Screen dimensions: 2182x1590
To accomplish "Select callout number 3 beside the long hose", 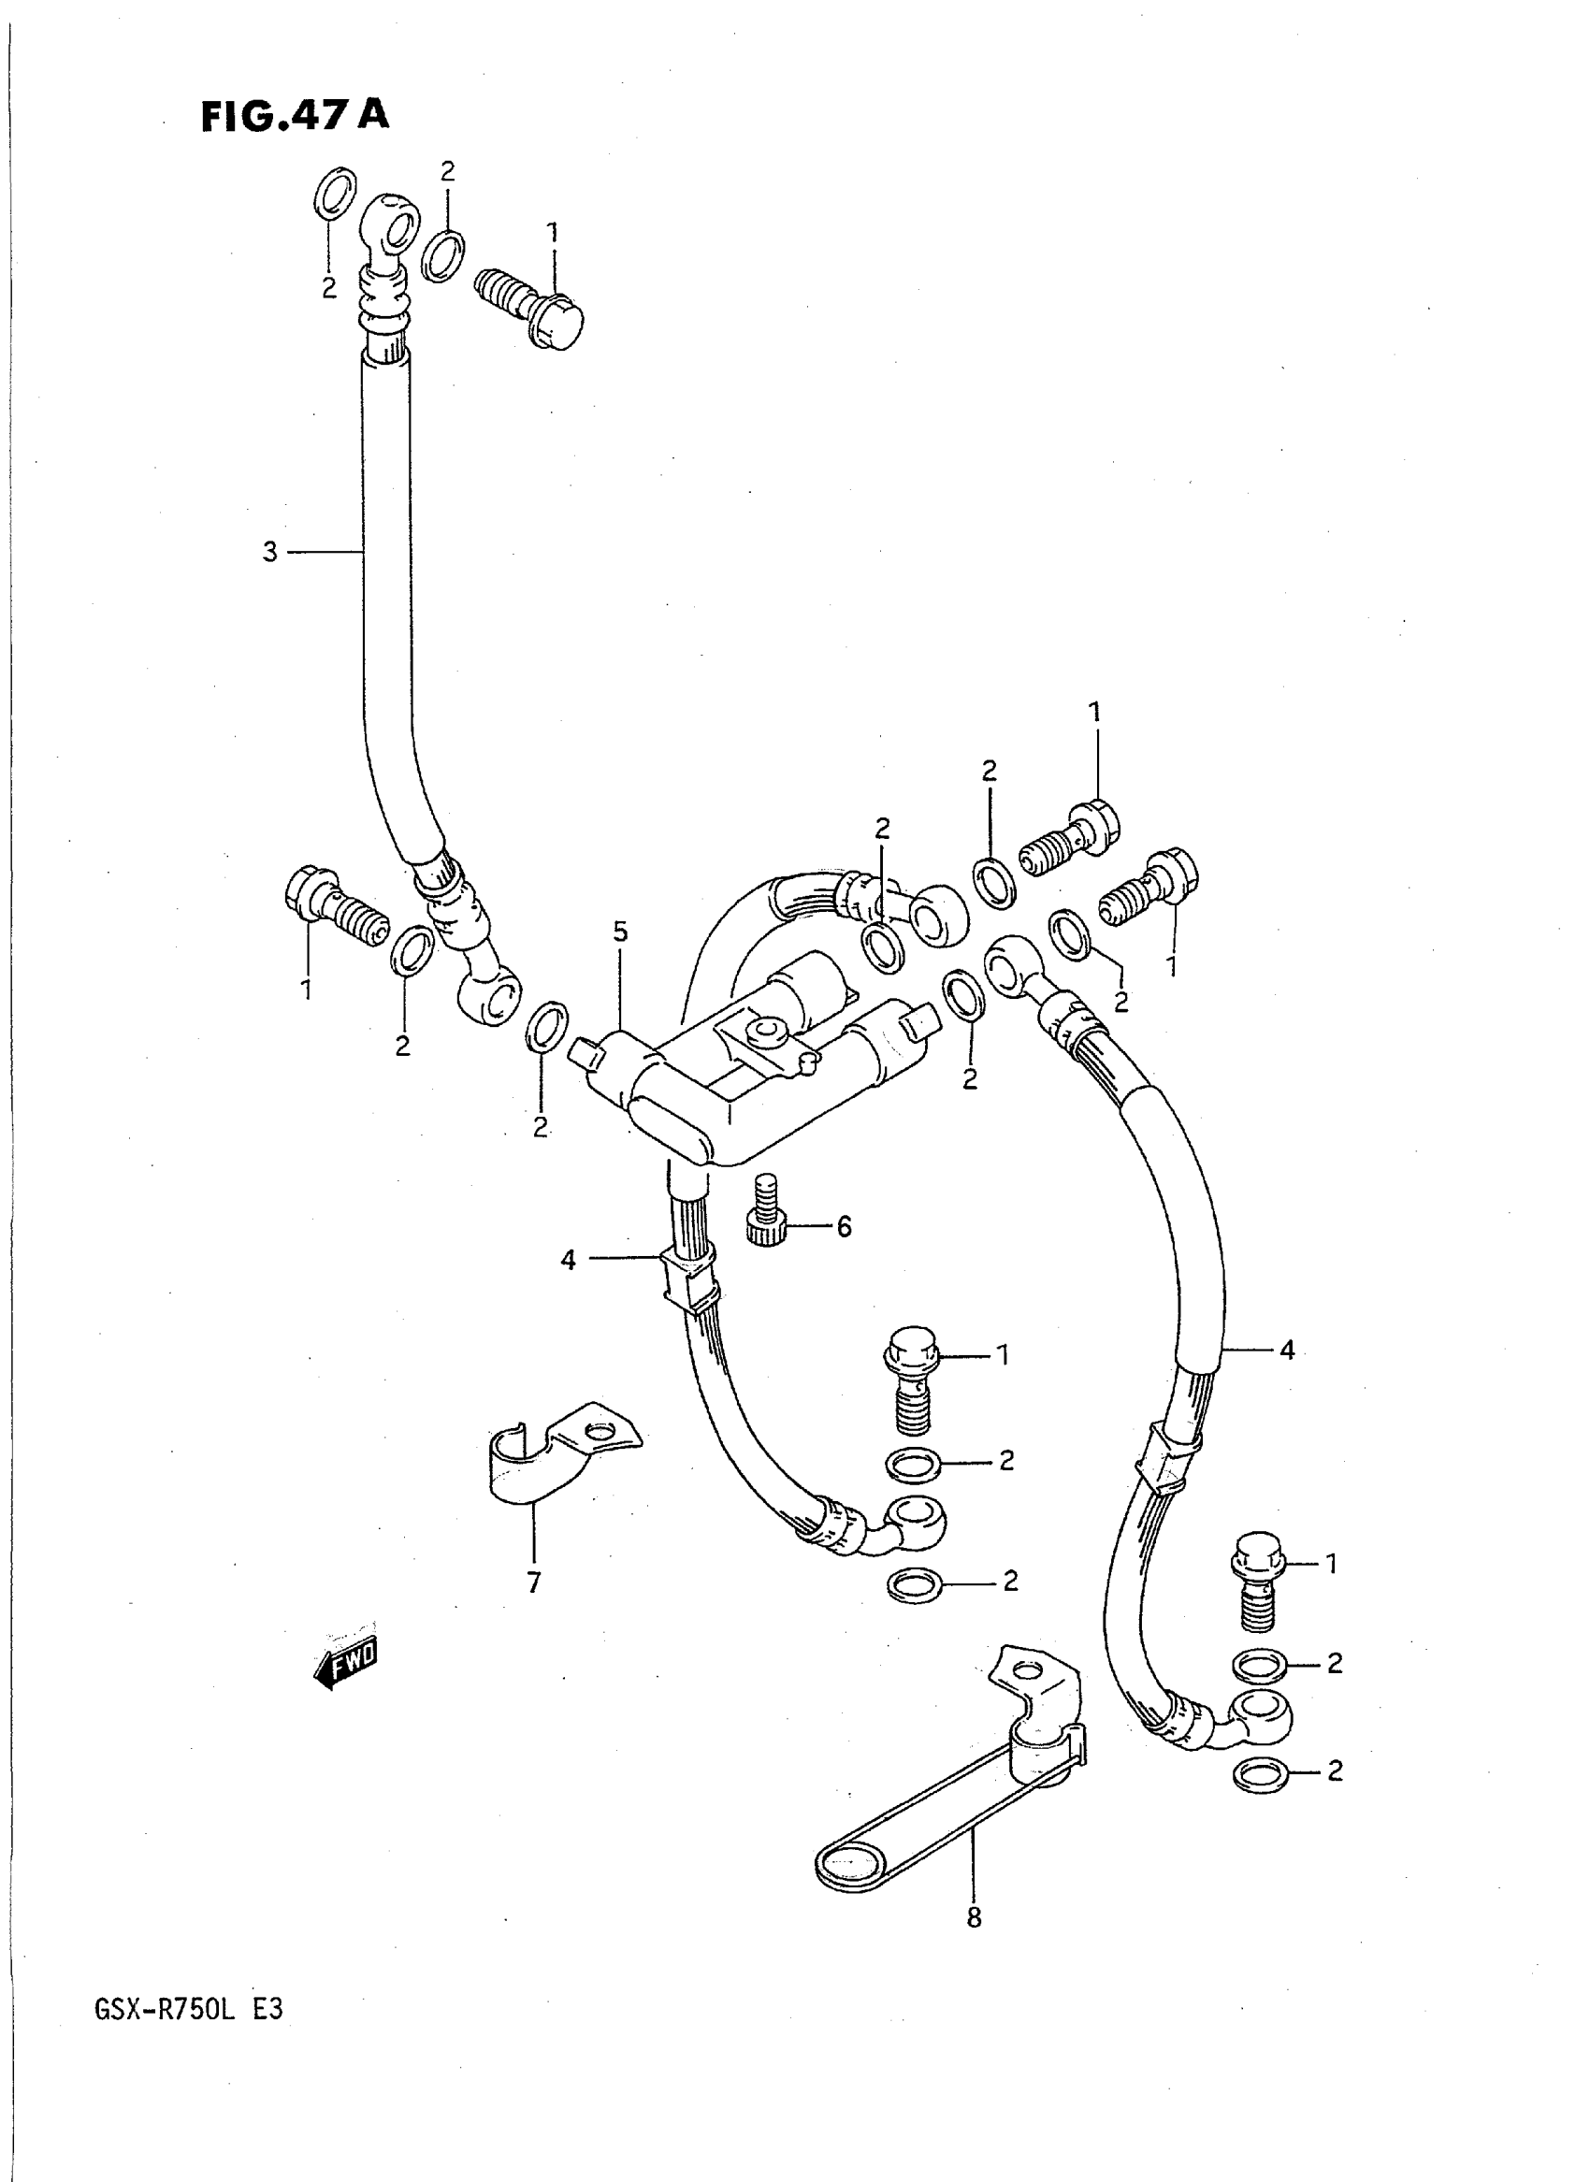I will [270, 552].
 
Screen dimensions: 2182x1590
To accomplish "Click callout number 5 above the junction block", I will [620, 932].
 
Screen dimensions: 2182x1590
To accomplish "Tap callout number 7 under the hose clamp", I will [534, 1582].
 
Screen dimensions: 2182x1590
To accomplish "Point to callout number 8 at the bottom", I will [973, 1918].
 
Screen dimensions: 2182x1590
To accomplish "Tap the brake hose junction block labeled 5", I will [760, 1068].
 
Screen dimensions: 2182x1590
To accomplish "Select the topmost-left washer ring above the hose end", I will [335, 193].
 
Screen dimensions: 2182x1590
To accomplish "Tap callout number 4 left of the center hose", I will [568, 1259].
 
